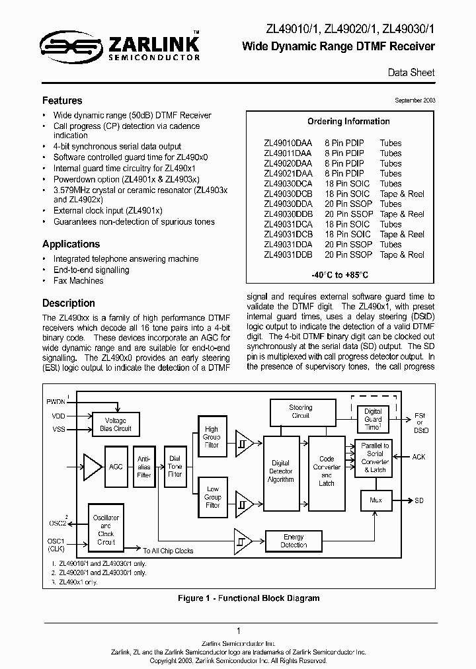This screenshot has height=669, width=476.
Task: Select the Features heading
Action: pyautogui.click(x=62, y=101)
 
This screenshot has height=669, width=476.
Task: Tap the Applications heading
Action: pyautogui.click(x=71, y=244)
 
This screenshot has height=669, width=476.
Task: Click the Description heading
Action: pyautogui.click(x=69, y=303)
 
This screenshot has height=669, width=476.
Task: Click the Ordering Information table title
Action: pyautogui.click(x=348, y=122)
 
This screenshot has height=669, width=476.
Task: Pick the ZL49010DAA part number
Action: pyautogui.click(x=288, y=143)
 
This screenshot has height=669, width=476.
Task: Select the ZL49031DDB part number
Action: pyautogui.click(x=288, y=255)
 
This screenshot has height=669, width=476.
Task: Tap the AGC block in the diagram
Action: pyautogui.click(x=116, y=465)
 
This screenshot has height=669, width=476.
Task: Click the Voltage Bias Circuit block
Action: pyautogui.click(x=116, y=424)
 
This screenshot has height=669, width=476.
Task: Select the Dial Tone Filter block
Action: pyautogui.click(x=175, y=465)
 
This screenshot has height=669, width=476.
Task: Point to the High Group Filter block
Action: pyautogui.click(x=212, y=437)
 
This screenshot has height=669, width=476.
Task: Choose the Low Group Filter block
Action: pyautogui.click(x=212, y=497)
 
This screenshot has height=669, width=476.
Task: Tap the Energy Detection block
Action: pyautogui.click(x=294, y=541)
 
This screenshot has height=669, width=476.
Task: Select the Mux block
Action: pyautogui.click(x=376, y=500)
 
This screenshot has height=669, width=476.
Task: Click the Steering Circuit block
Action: pyautogui.click(x=300, y=412)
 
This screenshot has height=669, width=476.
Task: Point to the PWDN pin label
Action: pyautogui.click(x=56, y=401)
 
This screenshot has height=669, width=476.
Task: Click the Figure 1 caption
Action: pyautogui.click(x=249, y=598)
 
